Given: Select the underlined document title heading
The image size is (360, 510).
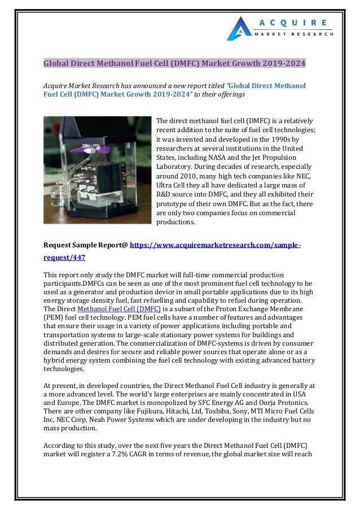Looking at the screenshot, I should coord(175,63).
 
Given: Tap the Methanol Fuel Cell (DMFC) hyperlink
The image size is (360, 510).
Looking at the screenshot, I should coord(119,309).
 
